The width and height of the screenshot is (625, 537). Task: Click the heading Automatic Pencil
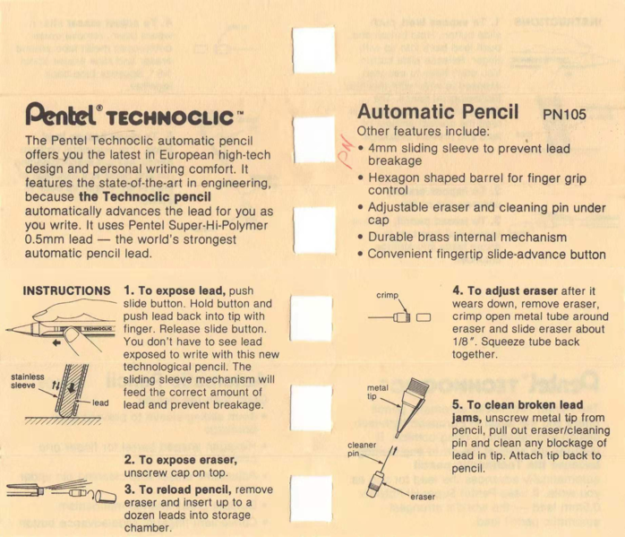tap(438, 112)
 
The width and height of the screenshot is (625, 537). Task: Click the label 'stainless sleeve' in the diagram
tap(23, 383)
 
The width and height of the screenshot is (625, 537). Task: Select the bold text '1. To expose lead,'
tap(176, 290)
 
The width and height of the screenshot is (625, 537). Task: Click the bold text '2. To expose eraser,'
tap(181, 459)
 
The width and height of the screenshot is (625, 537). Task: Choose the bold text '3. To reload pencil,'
tap(177, 489)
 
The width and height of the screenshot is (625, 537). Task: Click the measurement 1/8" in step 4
tap(465, 342)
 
